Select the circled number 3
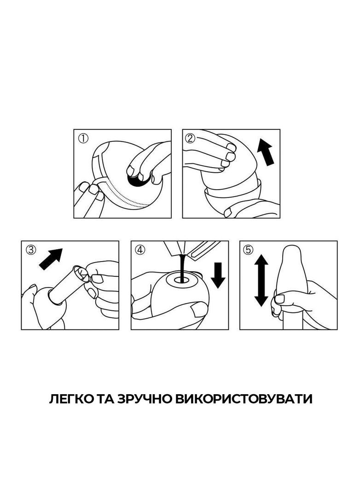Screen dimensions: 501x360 (31, 250)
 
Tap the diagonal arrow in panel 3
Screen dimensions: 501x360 (51, 258)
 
